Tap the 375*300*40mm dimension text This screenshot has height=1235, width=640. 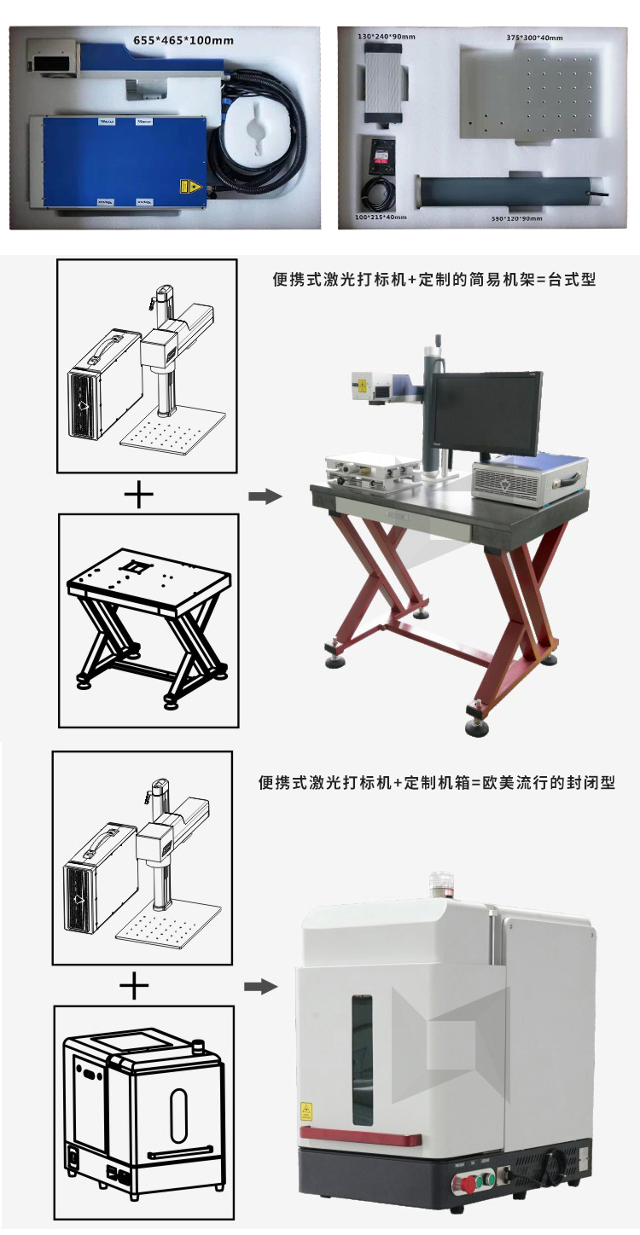534,38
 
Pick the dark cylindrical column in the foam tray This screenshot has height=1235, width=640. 511,190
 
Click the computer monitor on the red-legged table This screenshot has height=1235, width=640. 485,413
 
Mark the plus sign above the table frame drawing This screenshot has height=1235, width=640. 139,494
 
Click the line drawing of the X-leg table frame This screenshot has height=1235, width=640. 147,619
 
